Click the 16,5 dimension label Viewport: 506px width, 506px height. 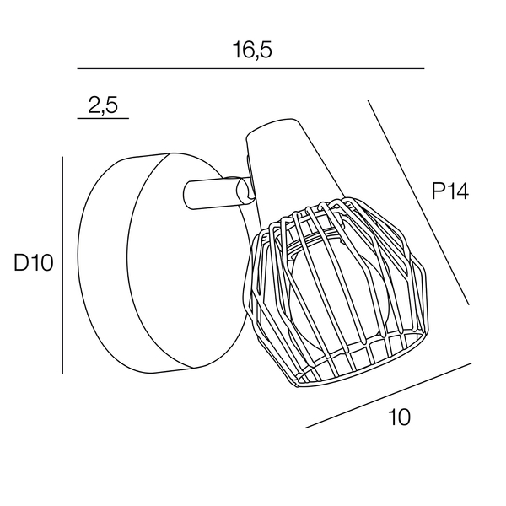tap(252, 50)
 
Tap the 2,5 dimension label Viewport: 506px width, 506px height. tap(103, 105)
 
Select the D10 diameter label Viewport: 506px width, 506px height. tap(33, 262)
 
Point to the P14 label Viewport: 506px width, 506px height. tap(449, 191)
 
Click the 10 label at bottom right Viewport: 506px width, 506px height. tap(400, 417)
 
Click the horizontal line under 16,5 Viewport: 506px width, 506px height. tap(250, 69)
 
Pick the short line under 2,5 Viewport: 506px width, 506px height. tap(103, 118)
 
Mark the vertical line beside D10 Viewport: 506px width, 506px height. tap(62, 265)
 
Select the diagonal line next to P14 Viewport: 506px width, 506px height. tap(418, 202)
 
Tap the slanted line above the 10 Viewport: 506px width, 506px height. tap(389, 396)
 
